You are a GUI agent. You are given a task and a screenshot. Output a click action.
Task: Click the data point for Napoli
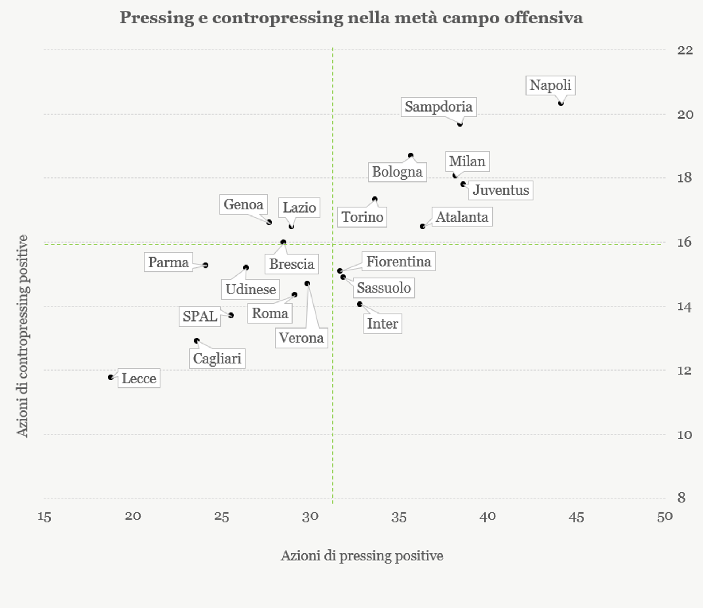click(x=561, y=103)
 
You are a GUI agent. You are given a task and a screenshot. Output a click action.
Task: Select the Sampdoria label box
click(x=438, y=107)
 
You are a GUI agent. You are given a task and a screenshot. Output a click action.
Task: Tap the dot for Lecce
click(x=111, y=377)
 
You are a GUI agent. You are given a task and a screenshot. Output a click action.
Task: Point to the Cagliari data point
click(x=197, y=341)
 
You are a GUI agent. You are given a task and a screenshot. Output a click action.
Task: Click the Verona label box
click(x=301, y=338)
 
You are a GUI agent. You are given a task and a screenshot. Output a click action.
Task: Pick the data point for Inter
click(x=360, y=304)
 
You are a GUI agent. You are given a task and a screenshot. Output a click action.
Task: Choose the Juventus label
click(x=501, y=190)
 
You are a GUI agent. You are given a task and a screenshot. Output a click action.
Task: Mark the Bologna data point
click(x=410, y=155)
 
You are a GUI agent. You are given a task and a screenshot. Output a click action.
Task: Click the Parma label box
click(x=168, y=262)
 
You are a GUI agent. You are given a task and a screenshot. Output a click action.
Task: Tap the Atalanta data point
click(x=422, y=226)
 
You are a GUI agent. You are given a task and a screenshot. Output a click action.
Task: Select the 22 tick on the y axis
click(x=685, y=50)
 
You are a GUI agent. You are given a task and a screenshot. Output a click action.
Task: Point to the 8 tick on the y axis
click(x=681, y=498)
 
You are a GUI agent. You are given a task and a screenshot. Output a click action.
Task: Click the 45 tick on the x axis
click(x=576, y=517)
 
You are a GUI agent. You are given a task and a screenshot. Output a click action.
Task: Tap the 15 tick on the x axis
click(x=44, y=517)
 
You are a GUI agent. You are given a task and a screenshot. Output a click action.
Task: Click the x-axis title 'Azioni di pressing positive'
click(x=362, y=556)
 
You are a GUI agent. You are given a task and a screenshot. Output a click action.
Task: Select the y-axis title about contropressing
click(x=22, y=336)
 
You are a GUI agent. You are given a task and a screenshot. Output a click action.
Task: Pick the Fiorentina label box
click(x=398, y=262)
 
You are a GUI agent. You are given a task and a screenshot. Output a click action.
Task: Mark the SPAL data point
click(x=231, y=315)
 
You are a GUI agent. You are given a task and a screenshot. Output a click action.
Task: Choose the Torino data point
click(x=375, y=199)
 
